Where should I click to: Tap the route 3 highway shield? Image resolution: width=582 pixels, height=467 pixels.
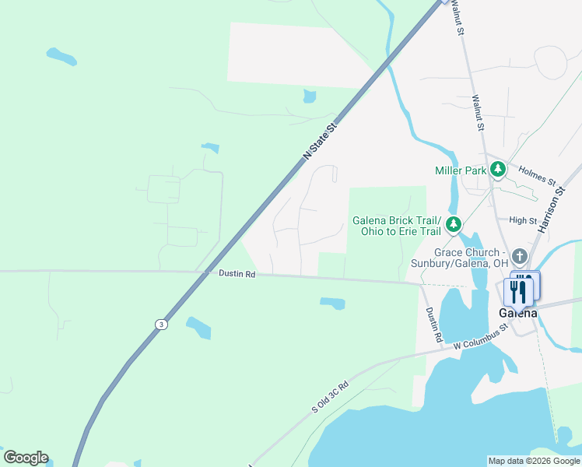(160, 325)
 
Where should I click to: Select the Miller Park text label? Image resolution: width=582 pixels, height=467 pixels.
(460, 170)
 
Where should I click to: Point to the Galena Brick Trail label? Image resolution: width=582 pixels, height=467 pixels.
(397, 220)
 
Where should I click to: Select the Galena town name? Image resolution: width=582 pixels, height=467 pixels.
(518, 312)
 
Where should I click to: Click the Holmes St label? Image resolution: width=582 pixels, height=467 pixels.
(537, 177)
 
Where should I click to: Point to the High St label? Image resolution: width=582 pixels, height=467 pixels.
(523, 220)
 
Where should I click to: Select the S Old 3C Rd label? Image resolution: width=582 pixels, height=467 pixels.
(330, 397)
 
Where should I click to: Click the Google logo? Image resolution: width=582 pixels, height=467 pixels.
(26, 458)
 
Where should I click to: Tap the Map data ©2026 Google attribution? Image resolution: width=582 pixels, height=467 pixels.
(533, 461)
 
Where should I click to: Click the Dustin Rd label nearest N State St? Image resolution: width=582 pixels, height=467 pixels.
(237, 274)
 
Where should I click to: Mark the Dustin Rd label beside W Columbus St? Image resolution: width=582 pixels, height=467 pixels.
(433, 325)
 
